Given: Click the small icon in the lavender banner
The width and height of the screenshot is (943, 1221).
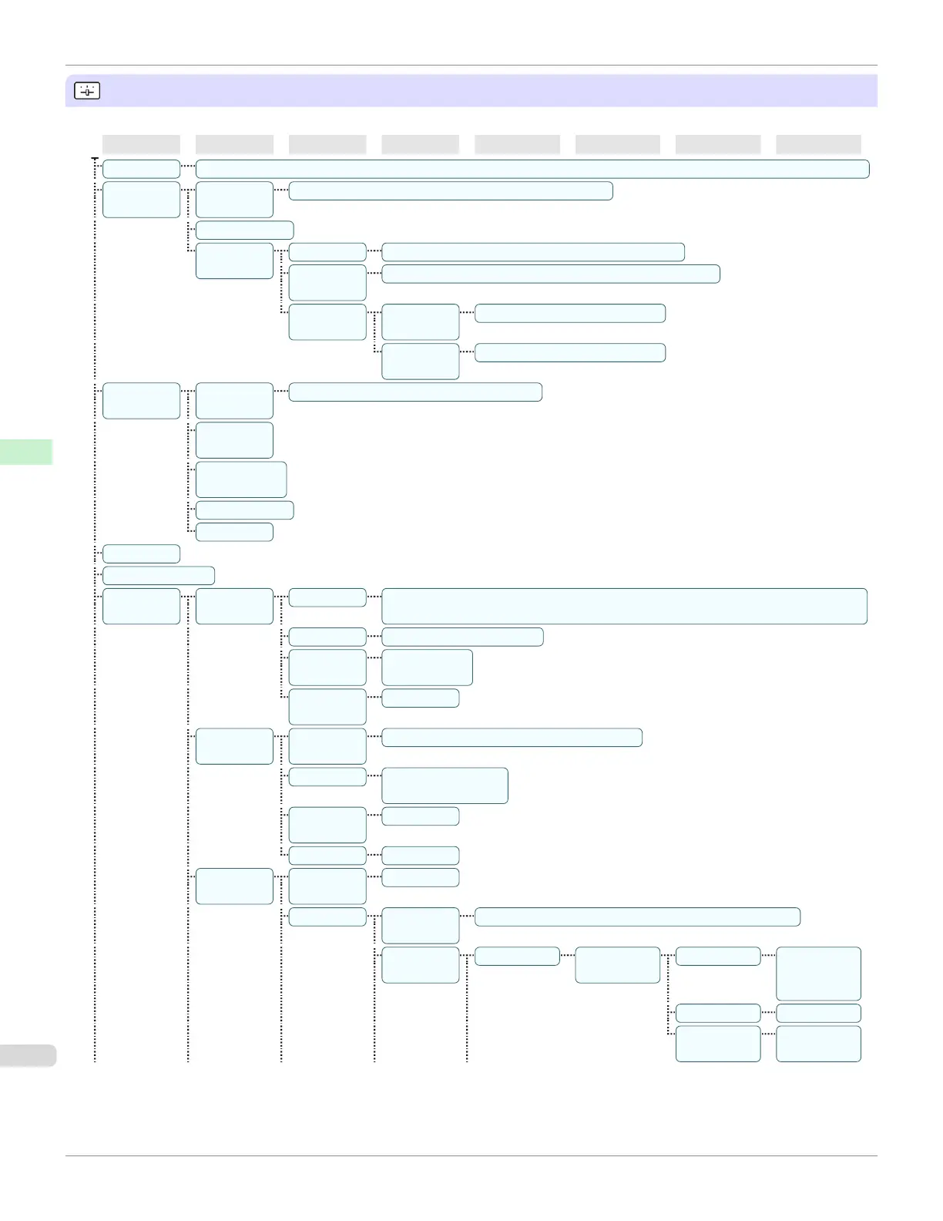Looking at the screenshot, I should point(87,91).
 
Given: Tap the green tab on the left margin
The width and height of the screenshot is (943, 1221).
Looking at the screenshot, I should point(26,452).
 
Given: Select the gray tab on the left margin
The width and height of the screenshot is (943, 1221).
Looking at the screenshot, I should point(28,1054).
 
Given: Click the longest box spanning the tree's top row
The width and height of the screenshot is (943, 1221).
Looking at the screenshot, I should point(532,169).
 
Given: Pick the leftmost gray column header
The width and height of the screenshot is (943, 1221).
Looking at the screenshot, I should point(141,144).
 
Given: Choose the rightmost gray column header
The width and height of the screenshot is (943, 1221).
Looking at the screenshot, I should point(818,144).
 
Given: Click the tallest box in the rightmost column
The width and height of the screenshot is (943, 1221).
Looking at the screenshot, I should point(818,974).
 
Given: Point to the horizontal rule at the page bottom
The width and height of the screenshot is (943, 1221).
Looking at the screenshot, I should point(471,1155).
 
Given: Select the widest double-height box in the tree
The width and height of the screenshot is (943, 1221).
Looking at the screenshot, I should point(624,606).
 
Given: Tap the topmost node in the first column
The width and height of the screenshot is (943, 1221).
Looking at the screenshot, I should point(141,169).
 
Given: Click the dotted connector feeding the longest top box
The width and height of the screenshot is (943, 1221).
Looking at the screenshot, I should point(188,166).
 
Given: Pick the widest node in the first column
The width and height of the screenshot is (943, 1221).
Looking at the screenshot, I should point(158,576).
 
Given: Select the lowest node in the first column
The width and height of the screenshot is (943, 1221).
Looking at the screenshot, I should point(141,606).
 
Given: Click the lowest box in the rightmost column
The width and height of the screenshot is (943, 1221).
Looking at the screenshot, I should point(818,1044).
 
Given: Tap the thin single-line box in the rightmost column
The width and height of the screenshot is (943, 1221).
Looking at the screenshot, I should point(818,1013).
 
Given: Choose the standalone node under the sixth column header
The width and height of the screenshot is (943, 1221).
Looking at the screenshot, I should point(617,965).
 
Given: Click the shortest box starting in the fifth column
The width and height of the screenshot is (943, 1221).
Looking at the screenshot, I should point(517,956).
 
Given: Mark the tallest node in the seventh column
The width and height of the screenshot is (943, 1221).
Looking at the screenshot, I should point(718,1044).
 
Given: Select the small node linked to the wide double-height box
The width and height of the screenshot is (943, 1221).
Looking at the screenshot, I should point(327,597).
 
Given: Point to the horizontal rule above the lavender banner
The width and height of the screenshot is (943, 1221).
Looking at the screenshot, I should point(471,66).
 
